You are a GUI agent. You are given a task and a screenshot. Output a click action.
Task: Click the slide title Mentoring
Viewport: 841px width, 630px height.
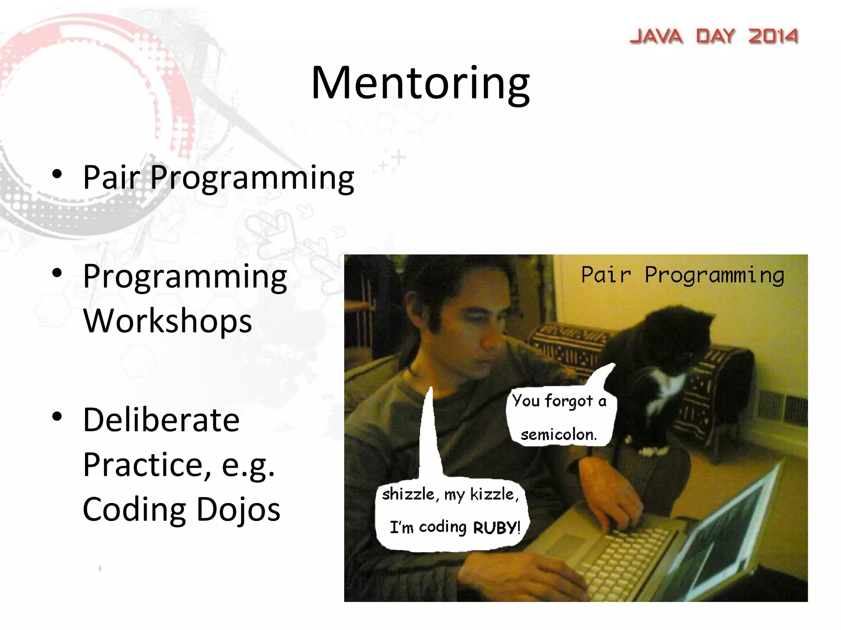(x=420, y=83)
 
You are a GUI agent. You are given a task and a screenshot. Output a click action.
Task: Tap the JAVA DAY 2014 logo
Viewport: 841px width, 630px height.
(x=714, y=37)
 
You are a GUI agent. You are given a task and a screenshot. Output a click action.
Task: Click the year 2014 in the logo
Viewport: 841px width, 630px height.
(x=773, y=37)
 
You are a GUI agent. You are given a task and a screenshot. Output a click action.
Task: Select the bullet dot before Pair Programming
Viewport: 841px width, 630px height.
(x=57, y=174)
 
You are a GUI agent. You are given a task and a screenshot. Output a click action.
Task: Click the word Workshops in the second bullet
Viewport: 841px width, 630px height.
(x=167, y=321)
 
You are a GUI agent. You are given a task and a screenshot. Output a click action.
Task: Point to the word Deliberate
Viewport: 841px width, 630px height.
(x=161, y=420)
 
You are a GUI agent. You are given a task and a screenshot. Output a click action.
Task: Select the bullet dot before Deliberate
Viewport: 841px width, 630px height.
(x=57, y=417)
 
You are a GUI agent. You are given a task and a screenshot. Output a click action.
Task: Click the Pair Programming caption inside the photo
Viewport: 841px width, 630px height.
(x=682, y=275)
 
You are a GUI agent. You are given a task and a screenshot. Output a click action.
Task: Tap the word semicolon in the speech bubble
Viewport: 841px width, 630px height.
(x=558, y=434)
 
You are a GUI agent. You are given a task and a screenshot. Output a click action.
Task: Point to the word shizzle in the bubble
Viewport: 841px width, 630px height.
(x=407, y=494)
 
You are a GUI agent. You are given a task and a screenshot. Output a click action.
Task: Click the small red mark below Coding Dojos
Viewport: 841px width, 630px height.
(x=100, y=568)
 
